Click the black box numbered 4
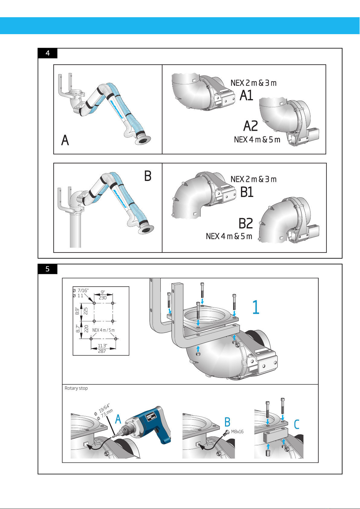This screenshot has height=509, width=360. [47, 53]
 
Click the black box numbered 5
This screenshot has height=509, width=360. [47, 269]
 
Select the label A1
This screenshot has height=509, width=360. [246, 95]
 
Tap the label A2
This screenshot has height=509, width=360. [251, 126]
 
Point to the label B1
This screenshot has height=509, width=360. [247, 192]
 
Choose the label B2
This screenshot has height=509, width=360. [246, 223]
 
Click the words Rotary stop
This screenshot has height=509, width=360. [76, 388]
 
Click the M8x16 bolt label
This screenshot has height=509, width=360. [237, 431]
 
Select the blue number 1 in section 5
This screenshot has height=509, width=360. [256, 307]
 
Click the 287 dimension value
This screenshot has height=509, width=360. [102, 351]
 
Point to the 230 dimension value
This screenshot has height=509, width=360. [103, 298]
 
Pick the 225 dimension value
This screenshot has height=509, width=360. [86, 311]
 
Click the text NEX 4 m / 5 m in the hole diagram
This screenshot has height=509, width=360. [103, 330]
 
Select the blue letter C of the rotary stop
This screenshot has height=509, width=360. [297, 424]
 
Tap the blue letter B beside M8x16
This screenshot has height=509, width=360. [227, 422]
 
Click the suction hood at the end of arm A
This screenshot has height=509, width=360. [143, 140]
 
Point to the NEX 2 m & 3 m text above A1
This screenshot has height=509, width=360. [253, 83]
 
